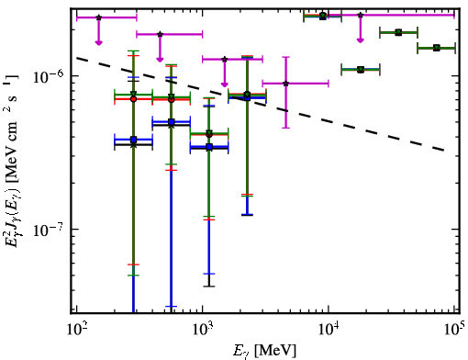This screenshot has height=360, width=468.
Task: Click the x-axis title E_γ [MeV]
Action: [x=264, y=351]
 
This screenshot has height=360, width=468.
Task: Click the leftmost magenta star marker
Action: [x=98, y=17]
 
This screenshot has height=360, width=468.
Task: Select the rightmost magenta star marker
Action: [x=361, y=15]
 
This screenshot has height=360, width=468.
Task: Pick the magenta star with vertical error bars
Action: [x=286, y=84]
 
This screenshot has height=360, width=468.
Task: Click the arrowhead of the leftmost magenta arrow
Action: [x=98, y=42]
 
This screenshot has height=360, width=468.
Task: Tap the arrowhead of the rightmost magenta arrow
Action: [x=361, y=39]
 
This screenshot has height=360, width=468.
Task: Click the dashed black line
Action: [x=260, y=104]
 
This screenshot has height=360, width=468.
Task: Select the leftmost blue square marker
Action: [x=133, y=140]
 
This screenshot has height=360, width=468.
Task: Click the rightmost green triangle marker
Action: [x=437, y=48]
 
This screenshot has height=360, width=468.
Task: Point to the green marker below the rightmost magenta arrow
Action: [x=361, y=70]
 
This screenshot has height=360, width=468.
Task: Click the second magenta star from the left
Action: [x=160, y=34]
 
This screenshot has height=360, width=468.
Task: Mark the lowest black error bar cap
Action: [x=209, y=287]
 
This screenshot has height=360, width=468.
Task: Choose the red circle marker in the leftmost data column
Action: [x=133, y=99]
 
